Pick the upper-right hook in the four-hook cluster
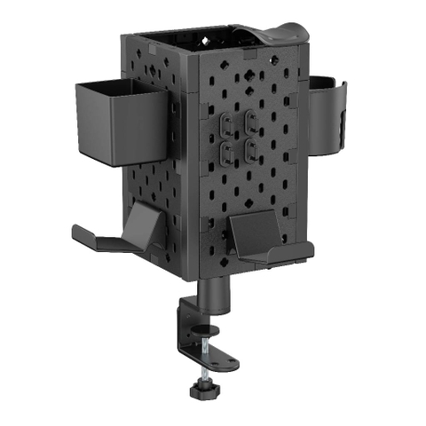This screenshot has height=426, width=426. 252,120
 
